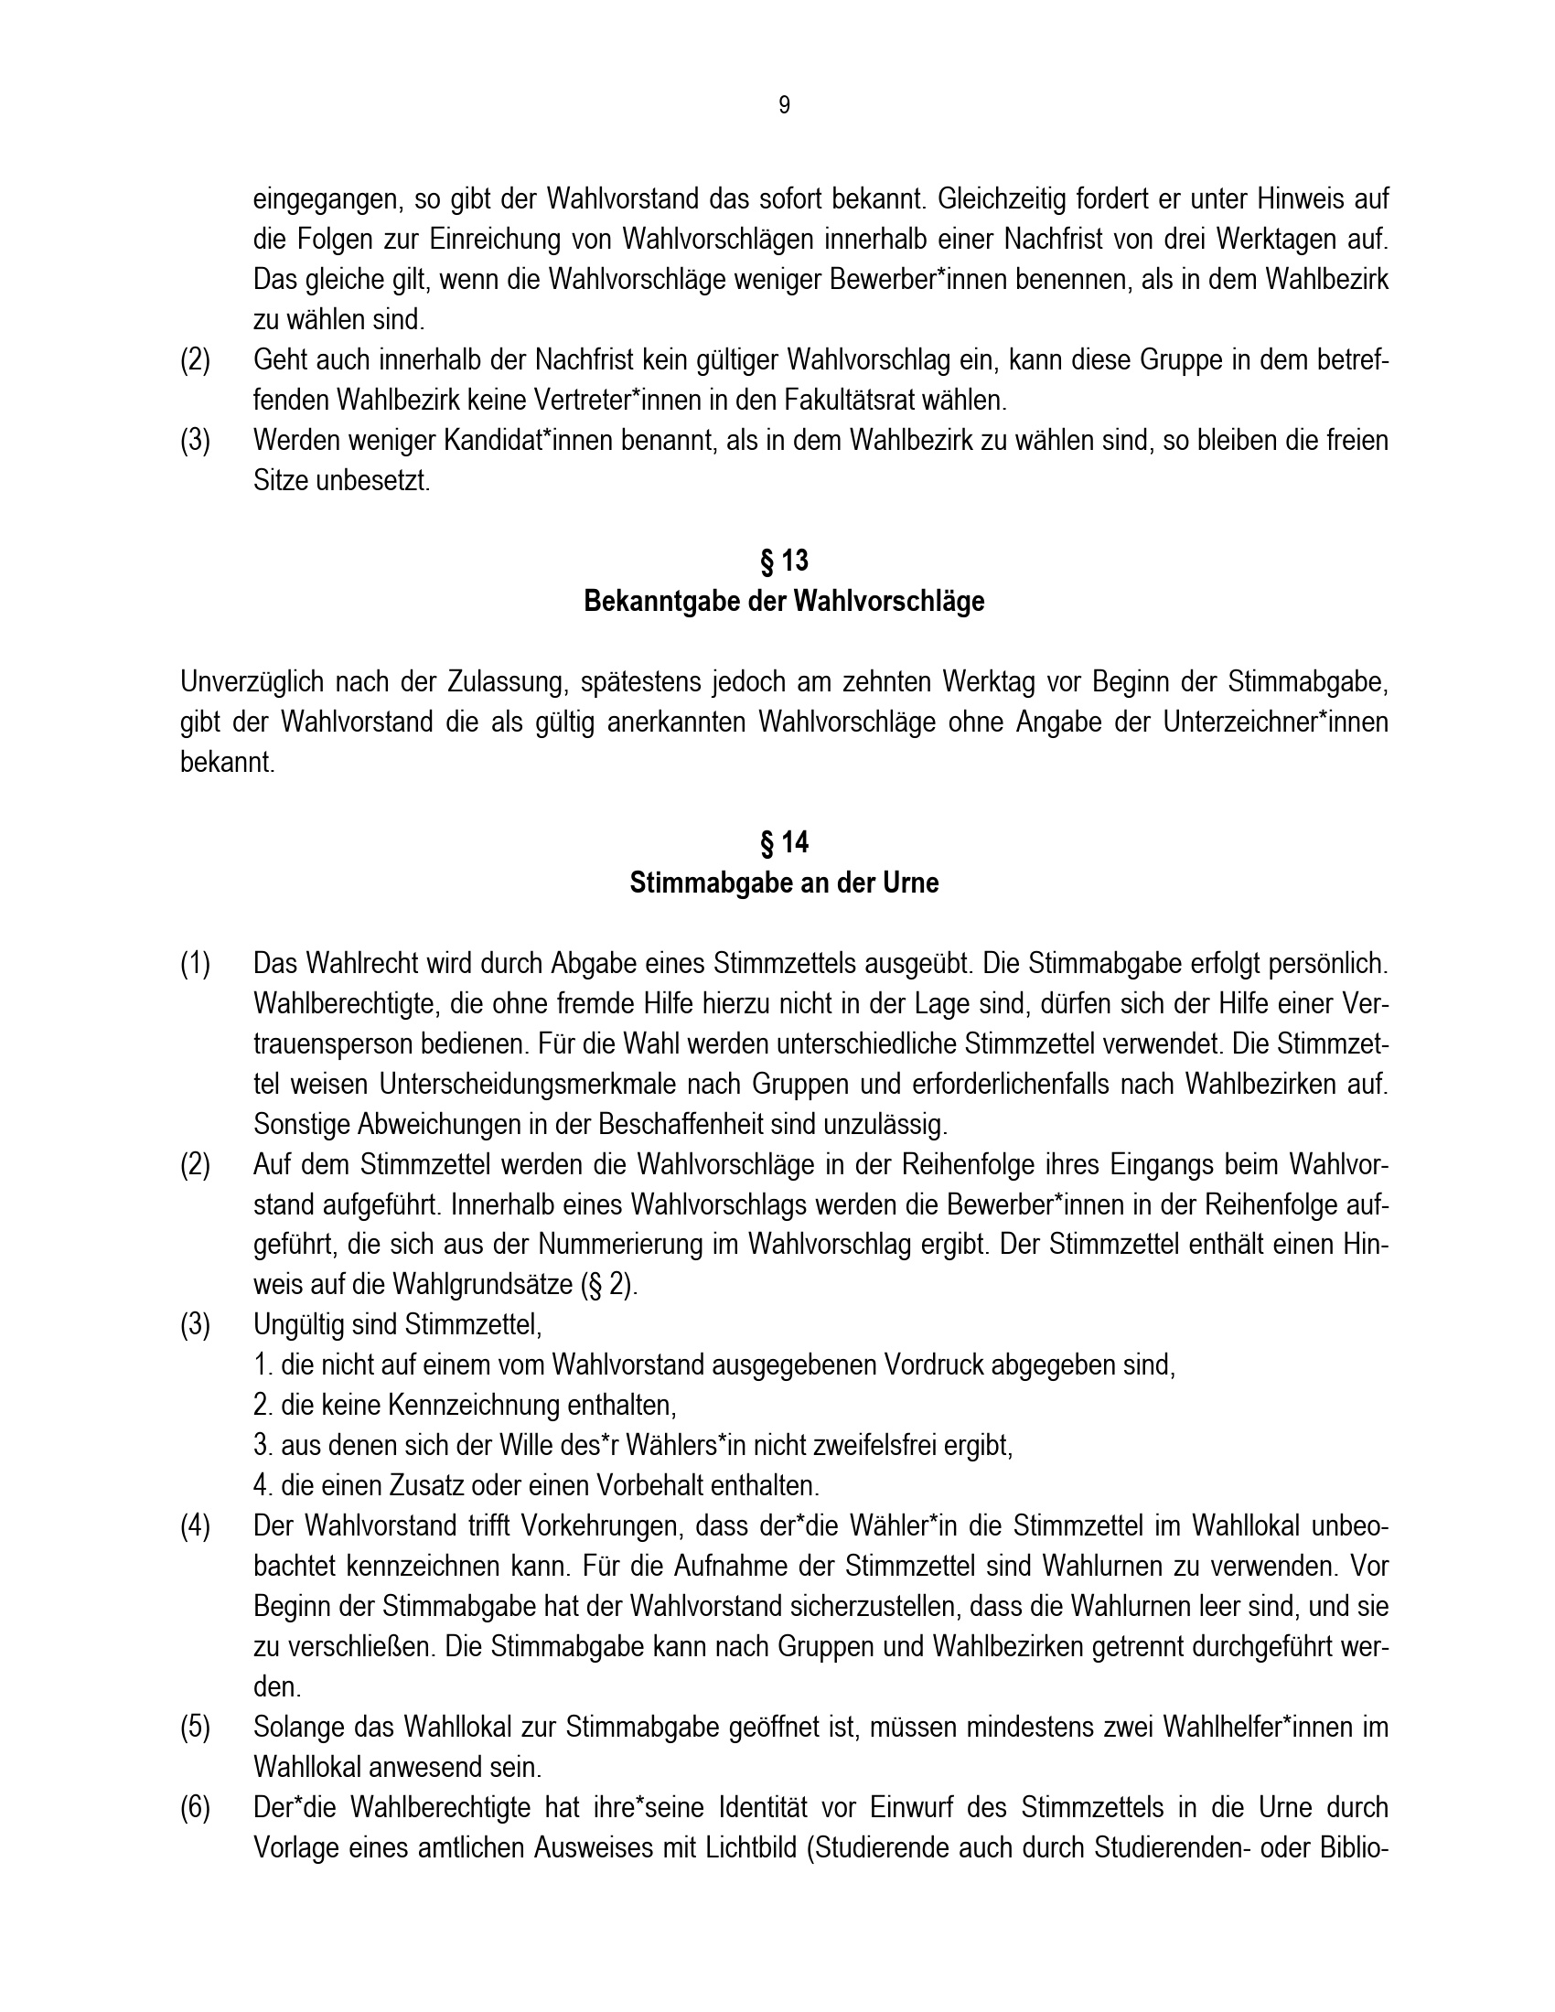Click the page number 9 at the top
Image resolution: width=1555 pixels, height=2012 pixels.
pos(784,106)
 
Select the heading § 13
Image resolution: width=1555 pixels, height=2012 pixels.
pos(784,560)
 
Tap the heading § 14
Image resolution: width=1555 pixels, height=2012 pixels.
pos(784,842)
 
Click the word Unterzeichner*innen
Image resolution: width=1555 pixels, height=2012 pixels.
pos(1275,722)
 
